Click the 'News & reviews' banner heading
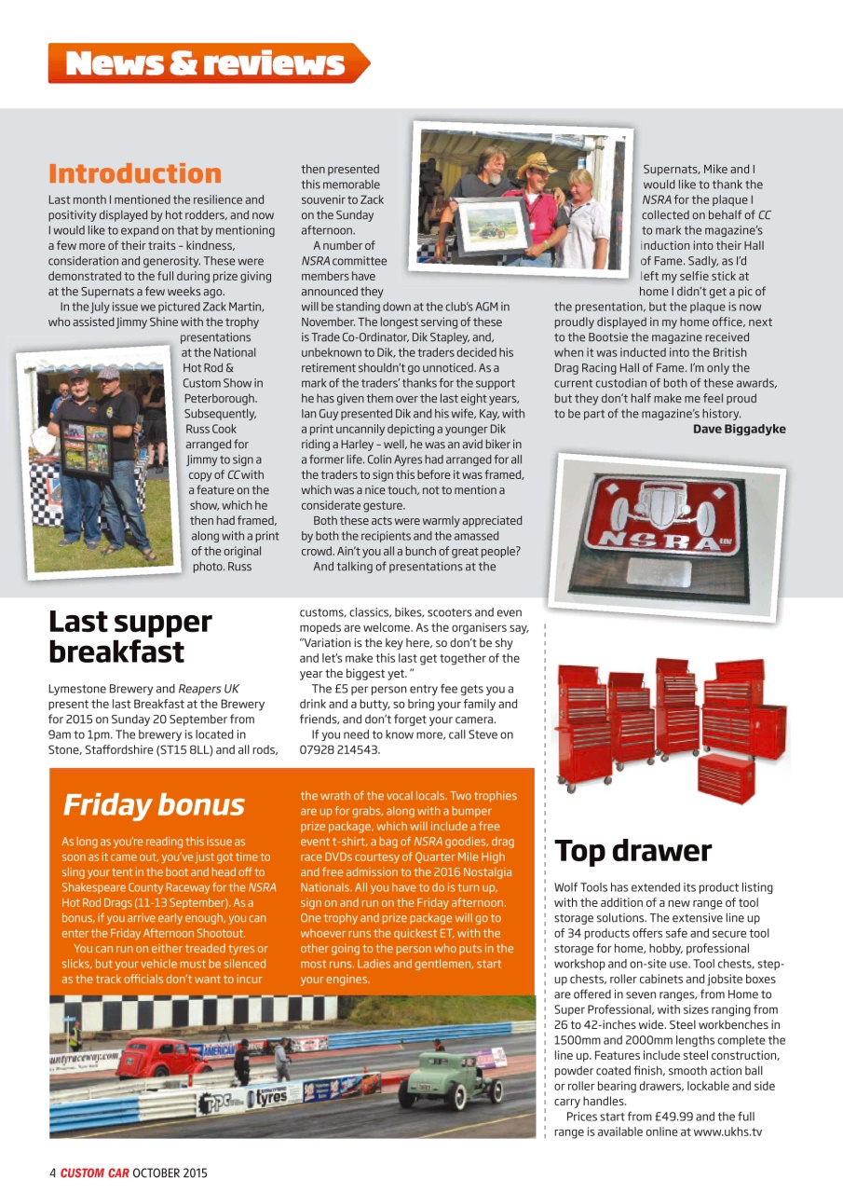point(206,63)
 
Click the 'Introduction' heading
point(135,173)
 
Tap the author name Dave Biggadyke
point(739,429)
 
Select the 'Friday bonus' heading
point(154,804)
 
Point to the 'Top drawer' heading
point(633,851)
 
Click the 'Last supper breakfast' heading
point(130,637)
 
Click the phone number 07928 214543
point(340,749)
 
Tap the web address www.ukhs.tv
point(727,1131)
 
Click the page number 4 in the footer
point(53,1172)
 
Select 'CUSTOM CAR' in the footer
point(95,1172)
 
